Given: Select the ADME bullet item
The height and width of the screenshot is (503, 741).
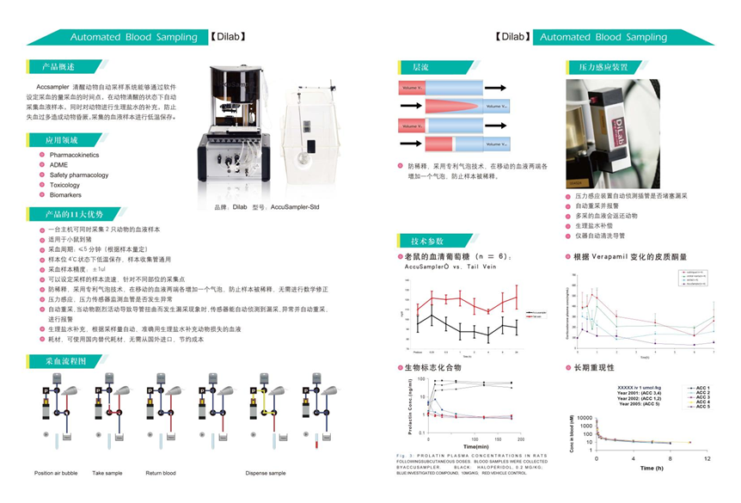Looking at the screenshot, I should (x=58, y=165).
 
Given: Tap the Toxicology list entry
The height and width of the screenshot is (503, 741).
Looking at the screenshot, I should (x=64, y=185).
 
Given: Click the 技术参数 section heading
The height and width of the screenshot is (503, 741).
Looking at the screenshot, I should (x=428, y=241).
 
